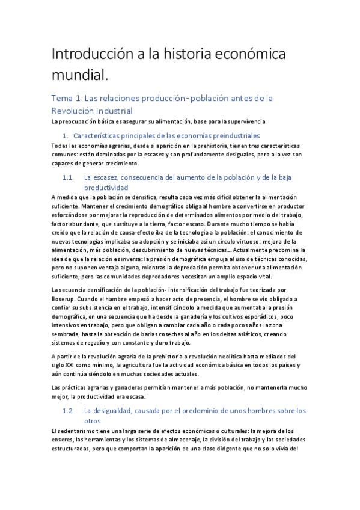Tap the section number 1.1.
point(68,177)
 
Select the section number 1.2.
point(68,411)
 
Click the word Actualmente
point(243,249)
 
